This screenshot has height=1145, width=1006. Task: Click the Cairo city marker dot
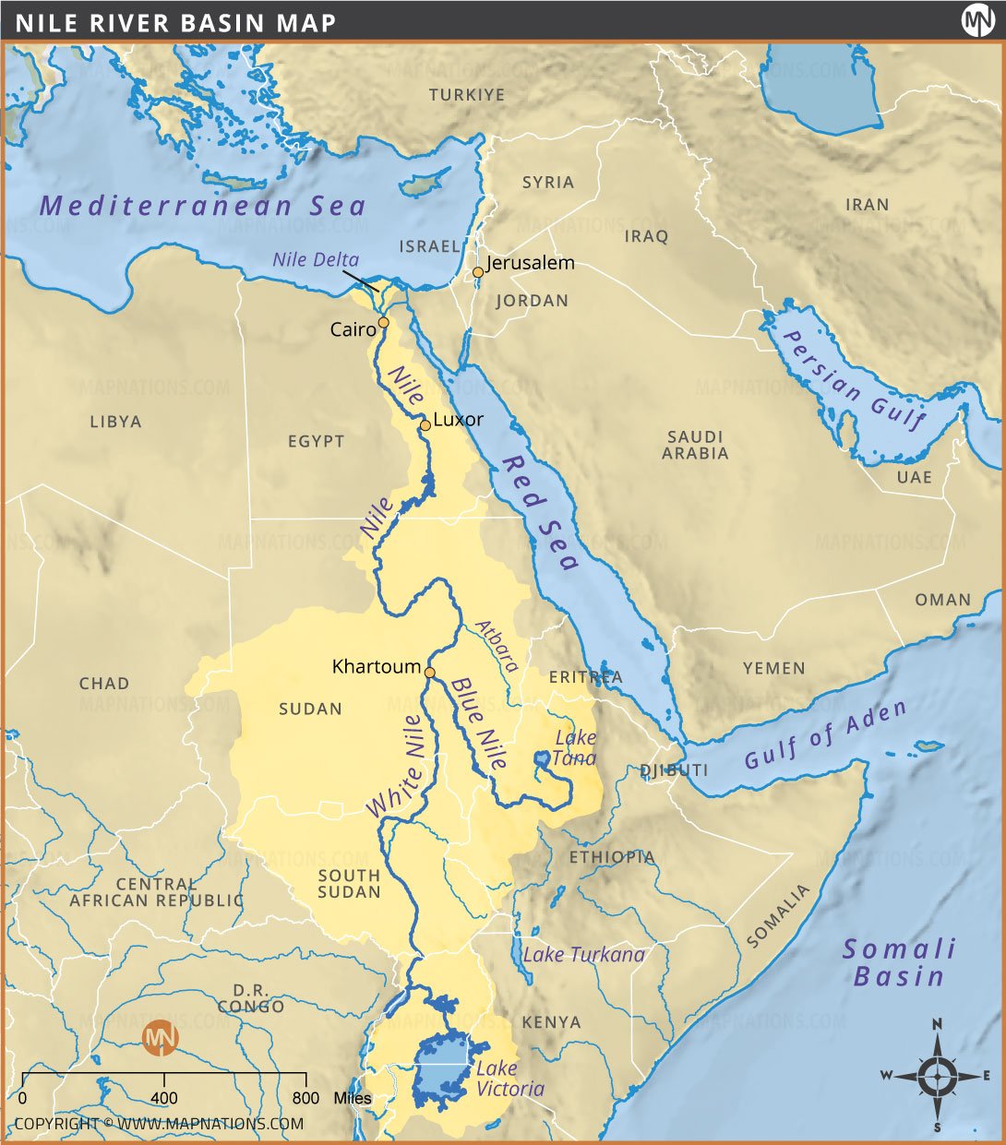(383, 323)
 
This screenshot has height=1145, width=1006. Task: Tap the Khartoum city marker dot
(429, 673)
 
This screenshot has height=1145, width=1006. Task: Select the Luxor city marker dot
(425, 425)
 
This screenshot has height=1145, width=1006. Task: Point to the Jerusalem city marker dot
(477, 272)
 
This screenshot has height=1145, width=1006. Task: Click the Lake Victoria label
(509, 1079)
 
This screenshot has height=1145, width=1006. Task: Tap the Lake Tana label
(574, 748)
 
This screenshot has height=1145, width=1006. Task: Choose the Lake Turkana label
(583, 955)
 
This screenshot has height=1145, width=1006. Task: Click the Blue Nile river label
(479, 723)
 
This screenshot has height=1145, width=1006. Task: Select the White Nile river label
(400, 778)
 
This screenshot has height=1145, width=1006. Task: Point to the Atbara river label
(497, 645)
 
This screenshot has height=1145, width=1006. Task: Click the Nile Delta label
(316, 260)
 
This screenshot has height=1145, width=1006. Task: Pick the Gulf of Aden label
(825, 734)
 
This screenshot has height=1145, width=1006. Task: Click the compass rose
(937, 1075)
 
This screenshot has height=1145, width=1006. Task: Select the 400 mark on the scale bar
(164, 1098)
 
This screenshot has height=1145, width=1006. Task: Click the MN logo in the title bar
(977, 20)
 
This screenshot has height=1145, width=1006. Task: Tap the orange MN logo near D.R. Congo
(162, 1037)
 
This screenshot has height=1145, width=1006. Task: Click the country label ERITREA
(585, 677)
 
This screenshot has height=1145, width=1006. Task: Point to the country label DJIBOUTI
(674, 770)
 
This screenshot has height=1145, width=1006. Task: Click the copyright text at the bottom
(158, 1124)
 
